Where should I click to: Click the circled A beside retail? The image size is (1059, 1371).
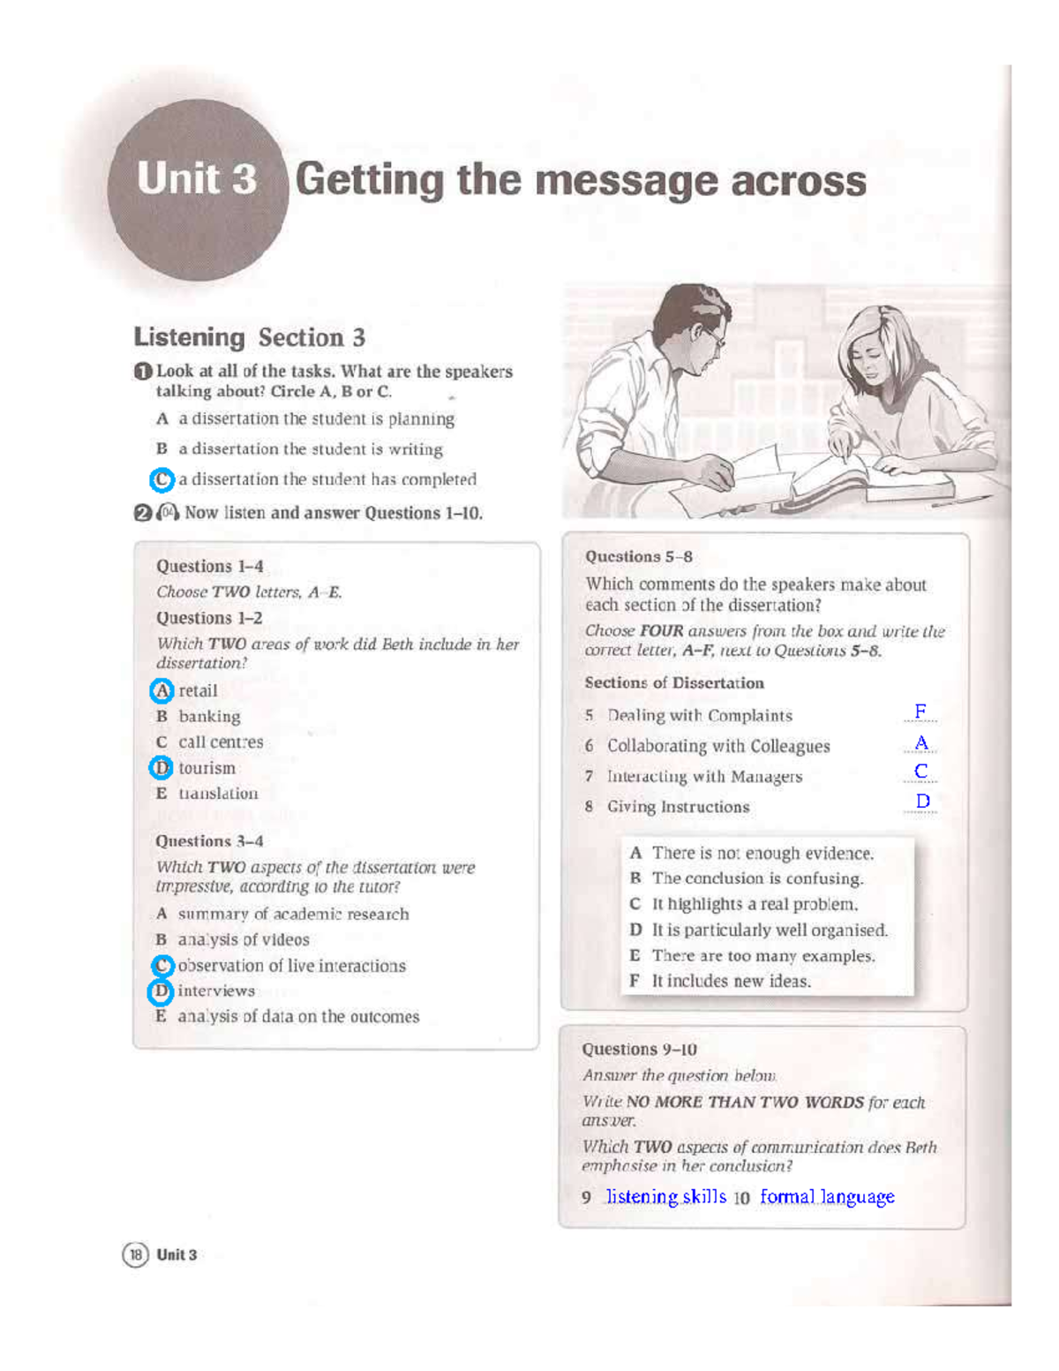tap(161, 690)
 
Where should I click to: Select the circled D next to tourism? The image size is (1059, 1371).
tap(161, 768)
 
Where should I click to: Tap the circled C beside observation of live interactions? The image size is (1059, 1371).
tap(162, 966)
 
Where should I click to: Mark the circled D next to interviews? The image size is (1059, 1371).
tap(160, 991)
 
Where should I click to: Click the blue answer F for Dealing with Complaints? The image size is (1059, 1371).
tap(920, 712)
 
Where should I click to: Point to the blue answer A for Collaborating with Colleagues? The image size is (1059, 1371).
tap(921, 742)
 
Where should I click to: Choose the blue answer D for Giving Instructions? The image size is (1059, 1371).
tap(923, 801)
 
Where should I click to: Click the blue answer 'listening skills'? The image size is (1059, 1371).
tap(665, 1197)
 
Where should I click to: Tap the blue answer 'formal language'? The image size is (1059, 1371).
tap(827, 1197)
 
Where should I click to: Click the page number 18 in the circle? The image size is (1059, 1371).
tap(135, 1254)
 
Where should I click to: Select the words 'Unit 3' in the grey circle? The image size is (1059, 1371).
tap(197, 179)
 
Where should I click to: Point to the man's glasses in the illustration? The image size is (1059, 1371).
tap(711, 335)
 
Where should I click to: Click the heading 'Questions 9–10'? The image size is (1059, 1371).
tap(639, 1050)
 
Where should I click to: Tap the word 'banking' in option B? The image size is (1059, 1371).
tap(209, 717)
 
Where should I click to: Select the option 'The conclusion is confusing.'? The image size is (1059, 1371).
tap(757, 878)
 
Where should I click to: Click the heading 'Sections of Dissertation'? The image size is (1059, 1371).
tap(674, 683)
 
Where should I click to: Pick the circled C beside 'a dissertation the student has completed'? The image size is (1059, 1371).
tap(161, 479)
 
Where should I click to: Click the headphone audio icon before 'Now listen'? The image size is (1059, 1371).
tap(168, 513)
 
